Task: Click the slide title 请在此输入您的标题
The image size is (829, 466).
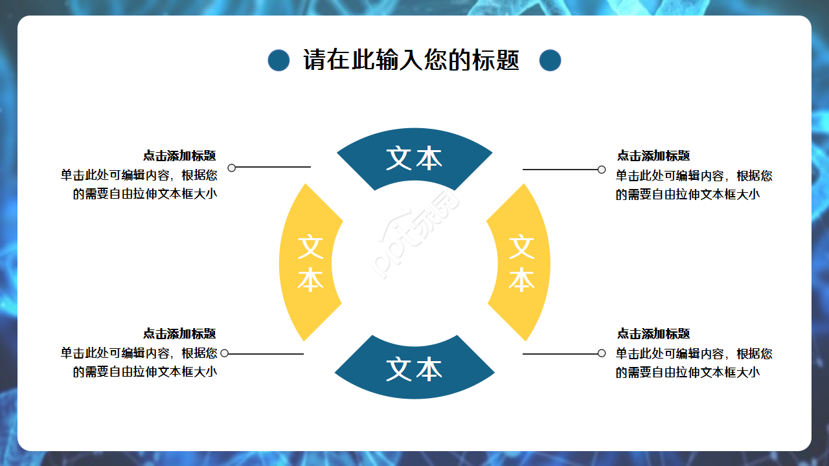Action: pos(411,60)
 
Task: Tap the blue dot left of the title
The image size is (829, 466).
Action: pos(278,60)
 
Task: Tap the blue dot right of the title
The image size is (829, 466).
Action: pos(550,60)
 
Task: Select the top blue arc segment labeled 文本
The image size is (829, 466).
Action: pos(414,157)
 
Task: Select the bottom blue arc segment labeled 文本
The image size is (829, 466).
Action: pos(414,369)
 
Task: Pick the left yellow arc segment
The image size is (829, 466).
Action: pos(310,263)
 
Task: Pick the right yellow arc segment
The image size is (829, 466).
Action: pos(521,263)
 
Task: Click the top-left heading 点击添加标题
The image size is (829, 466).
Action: pos(179,156)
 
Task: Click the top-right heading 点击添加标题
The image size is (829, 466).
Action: pos(653,156)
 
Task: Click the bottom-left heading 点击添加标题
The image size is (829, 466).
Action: pos(179,334)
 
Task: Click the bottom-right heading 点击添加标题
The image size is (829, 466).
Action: pos(653,334)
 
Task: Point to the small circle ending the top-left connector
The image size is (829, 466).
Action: pos(231,168)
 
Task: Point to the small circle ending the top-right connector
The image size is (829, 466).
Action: pos(602,170)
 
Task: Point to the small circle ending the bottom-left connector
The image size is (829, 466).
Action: pos(224,353)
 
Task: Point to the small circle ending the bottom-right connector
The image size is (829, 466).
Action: pos(602,353)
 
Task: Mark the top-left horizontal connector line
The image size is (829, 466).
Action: pos(272,168)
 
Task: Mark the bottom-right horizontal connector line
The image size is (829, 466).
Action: pos(560,354)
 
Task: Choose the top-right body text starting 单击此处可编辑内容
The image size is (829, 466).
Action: pos(694,185)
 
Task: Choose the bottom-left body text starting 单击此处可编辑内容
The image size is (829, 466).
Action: pos(139,362)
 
